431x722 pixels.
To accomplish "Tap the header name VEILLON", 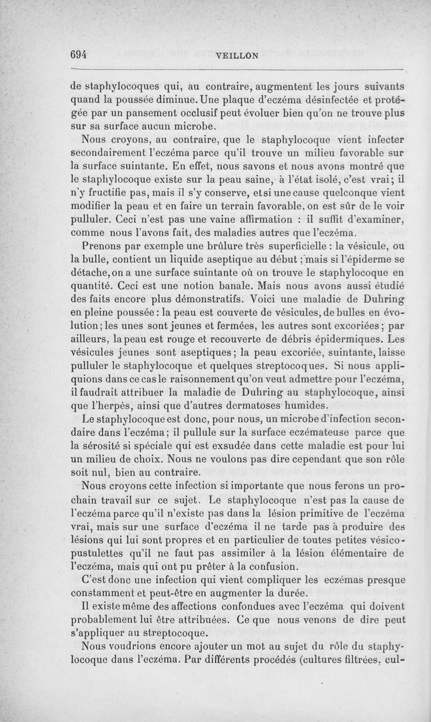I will (237, 55).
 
